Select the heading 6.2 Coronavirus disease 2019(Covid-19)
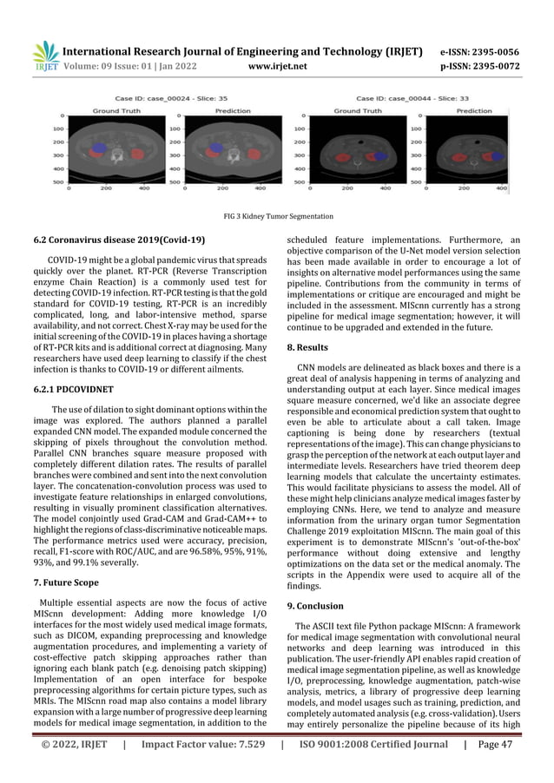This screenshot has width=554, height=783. click(x=127, y=239)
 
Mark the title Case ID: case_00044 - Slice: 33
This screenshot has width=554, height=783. click(x=407, y=99)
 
